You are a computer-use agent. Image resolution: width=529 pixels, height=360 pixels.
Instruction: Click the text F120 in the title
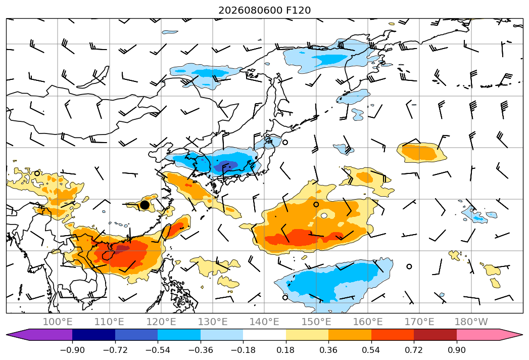[x=298, y=11]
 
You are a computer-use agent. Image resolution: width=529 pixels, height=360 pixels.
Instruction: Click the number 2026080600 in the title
[x=250, y=11]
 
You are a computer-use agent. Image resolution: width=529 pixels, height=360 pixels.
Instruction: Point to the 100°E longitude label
[x=58, y=322]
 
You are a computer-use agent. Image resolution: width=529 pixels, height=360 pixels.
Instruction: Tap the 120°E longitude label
[x=161, y=322]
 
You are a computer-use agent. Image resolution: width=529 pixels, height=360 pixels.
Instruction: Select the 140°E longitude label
[x=264, y=322]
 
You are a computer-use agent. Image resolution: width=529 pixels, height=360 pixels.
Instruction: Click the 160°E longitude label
[x=368, y=322]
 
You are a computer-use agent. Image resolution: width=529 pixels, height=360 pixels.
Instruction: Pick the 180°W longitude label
[x=471, y=322]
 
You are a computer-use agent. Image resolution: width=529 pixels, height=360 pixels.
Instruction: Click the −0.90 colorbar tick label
[x=72, y=350]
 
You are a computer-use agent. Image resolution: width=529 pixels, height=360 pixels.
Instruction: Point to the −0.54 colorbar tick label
[x=158, y=350]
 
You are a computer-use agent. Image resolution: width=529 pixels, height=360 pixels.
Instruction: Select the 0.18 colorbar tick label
[x=286, y=350]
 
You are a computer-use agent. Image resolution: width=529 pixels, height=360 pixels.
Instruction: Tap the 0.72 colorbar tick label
[x=414, y=350]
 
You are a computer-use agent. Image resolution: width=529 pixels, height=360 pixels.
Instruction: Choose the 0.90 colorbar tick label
[x=456, y=350]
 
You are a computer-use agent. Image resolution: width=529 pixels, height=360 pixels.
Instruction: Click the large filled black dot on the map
[x=145, y=205]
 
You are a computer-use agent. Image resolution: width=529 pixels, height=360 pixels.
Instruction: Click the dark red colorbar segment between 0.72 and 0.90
[x=435, y=335]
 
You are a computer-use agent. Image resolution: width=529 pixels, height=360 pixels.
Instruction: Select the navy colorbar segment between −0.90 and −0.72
[x=94, y=335]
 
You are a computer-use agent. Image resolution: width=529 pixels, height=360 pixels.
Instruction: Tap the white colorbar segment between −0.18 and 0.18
[x=265, y=335]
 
